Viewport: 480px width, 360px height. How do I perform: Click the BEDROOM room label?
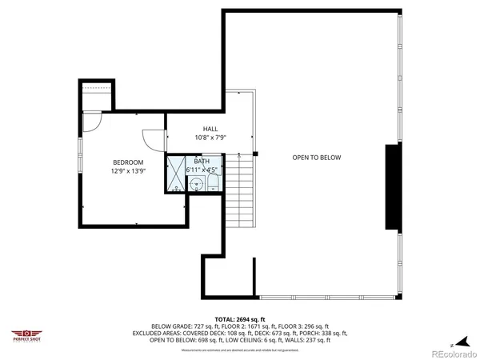(x=127, y=162)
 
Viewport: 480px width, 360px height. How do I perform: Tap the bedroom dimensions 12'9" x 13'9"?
(x=127, y=170)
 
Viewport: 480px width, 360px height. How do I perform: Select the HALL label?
(x=210, y=129)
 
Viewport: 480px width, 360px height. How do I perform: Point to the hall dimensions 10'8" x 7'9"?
(x=210, y=138)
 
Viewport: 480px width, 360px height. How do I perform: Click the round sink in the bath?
(x=197, y=183)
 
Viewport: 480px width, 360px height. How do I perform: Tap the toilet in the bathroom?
(x=212, y=183)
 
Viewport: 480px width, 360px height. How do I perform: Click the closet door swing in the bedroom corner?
(x=93, y=122)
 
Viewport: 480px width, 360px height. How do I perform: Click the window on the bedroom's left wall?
(x=80, y=172)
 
